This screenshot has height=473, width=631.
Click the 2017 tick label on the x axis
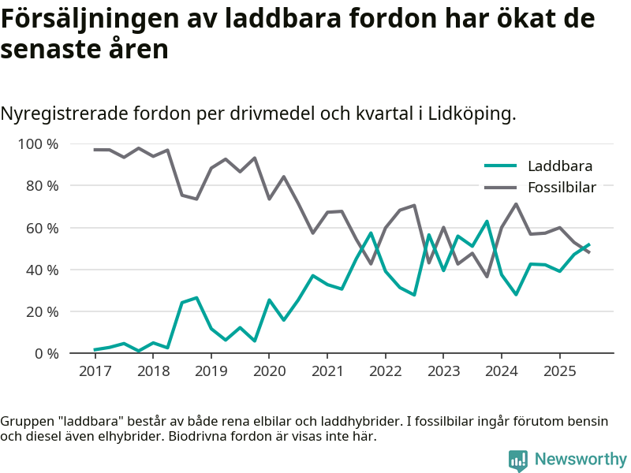(x=95, y=371)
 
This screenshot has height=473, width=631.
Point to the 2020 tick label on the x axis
(x=269, y=371)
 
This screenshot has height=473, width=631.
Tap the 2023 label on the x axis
(x=443, y=371)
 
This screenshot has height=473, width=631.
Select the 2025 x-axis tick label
(x=559, y=371)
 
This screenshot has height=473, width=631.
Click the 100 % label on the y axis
(x=39, y=144)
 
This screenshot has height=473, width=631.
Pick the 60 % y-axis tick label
(x=42, y=228)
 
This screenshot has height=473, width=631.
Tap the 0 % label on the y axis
(x=46, y=353)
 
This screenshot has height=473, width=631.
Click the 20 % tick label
(x=42, y=311)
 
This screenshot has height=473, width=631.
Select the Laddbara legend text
(x=560, y=166)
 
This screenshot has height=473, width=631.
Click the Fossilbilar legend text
(x=562, y=188)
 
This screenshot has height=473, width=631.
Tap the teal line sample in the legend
(x=500, y=166)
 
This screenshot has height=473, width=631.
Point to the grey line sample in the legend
(x=500, y=188)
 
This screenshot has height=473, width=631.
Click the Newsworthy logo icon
(x=517, y=460)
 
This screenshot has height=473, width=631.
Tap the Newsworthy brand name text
(x=581, y=460)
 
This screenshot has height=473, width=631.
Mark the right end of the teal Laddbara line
(x=588, y=244)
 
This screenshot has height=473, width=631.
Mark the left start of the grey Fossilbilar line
(x=95, y=150)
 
